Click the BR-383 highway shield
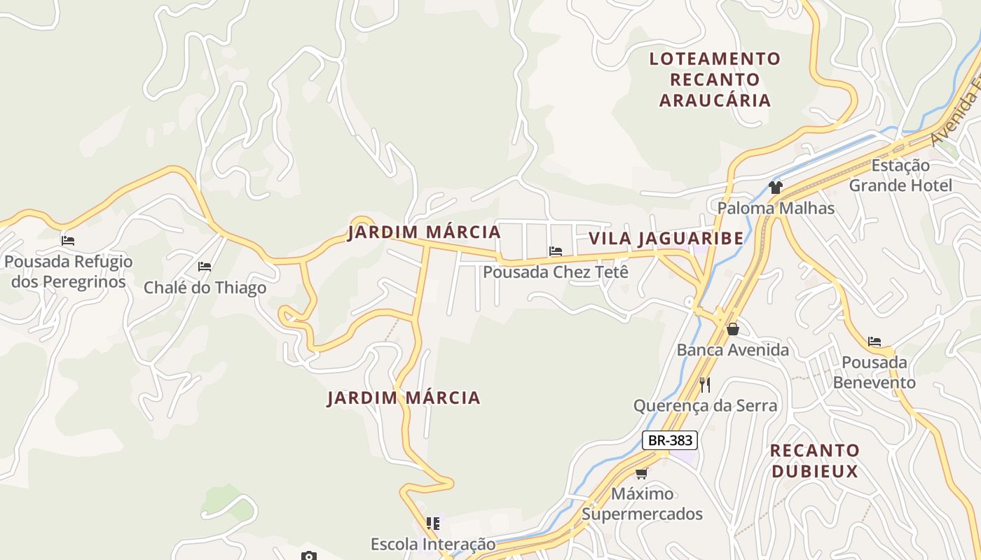coord(669,440)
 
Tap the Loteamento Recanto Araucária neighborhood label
coord(715,79)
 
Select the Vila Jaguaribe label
coord(666,239)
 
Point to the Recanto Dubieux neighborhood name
coord(814,461)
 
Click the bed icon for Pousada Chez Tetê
coord(556,251)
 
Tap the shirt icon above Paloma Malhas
coord(775,187)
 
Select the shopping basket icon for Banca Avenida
coord(733,328)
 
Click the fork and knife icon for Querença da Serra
coord(705,384)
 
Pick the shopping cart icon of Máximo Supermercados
coord(641,473)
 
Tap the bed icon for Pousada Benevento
coord(874,342)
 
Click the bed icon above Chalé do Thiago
coord(205,267)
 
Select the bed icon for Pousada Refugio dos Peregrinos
coord(68,240)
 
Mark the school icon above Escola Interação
coord(433,523)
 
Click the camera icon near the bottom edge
coord(309,556)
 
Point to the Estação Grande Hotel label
coord(900,176)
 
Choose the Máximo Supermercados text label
coord(642,504)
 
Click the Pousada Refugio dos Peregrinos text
coord(68,272)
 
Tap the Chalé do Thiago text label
coord(205,288)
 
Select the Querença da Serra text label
coord(705,406)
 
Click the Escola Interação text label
coord(433,544)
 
